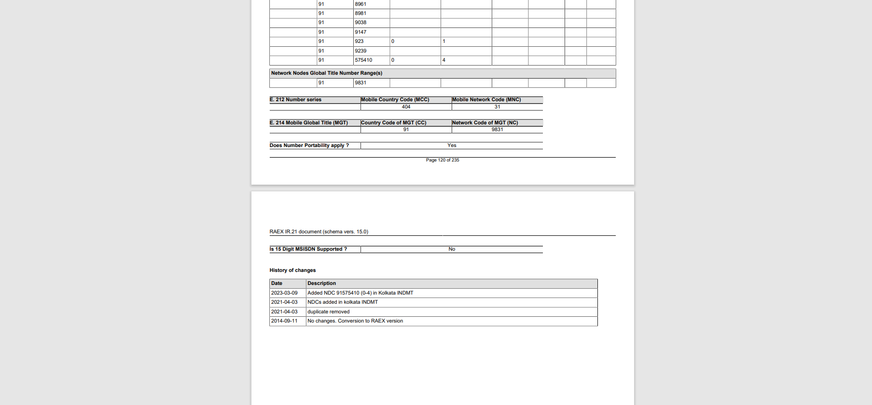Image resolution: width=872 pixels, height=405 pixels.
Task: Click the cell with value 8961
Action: (360, 4)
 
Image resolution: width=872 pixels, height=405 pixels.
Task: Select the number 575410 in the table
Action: (363, 60)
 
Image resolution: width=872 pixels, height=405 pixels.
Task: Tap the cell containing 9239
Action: (360, 51)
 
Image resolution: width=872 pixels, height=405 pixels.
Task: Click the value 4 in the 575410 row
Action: (444, 60)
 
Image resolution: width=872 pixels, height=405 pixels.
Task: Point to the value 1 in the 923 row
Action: (444, 41)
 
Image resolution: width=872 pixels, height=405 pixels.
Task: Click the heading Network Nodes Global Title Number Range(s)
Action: (327, 73)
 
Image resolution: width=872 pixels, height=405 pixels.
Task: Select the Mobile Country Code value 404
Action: (406, 107)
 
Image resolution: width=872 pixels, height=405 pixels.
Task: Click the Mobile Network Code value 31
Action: (497, 107)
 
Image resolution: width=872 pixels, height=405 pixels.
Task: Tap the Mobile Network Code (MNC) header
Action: (486, 100)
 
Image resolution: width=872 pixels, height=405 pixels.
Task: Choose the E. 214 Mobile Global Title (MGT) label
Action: (309, 123)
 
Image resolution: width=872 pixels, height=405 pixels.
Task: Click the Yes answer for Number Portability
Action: (452, 146)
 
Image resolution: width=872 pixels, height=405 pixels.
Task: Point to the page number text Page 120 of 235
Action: (443, 160)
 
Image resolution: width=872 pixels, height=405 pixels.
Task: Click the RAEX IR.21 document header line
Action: (319, 232)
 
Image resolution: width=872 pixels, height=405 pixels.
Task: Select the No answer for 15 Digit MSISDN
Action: (452, 249)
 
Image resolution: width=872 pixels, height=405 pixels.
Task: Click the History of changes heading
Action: (293, 270)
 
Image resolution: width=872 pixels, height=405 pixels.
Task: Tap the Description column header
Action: (322, 283)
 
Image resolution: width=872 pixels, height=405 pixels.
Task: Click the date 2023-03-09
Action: (284, 293)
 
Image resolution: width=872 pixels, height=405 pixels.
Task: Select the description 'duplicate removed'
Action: (329, 312)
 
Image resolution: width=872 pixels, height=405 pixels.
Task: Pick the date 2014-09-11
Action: (284, 321)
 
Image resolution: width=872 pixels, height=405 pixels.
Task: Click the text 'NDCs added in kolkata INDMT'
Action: (343, 302)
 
